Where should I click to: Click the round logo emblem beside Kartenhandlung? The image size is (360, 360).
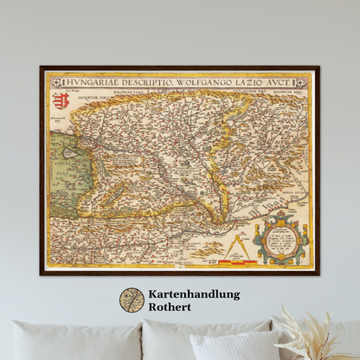[x=132, y=300]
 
